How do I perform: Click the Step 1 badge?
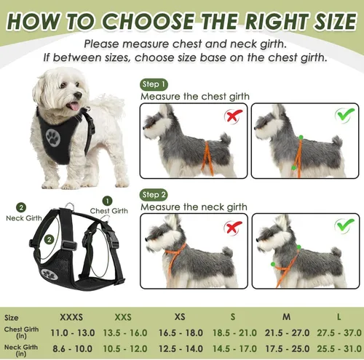[154, 84]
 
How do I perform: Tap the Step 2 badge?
[154, 195]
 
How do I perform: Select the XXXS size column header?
[71, 317]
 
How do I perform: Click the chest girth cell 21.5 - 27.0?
[287, 333]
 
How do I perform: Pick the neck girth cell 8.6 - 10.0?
[73, 349]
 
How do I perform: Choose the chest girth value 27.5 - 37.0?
[339, 333]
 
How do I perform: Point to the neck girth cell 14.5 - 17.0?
[234, 349]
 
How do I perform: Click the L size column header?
[339, 317]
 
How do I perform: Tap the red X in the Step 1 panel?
[233, 116]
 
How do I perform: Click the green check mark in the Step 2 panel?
[344, 225]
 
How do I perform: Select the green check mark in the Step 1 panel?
[344, 115]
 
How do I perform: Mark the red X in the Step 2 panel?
[233, 228]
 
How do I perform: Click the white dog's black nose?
[78, 95]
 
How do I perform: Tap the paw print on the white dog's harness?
[53, 137]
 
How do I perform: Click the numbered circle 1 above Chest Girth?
[107, 201]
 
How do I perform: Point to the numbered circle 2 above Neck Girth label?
[21, 208]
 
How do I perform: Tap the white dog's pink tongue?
[74, 106]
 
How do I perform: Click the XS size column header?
[180, 317]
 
